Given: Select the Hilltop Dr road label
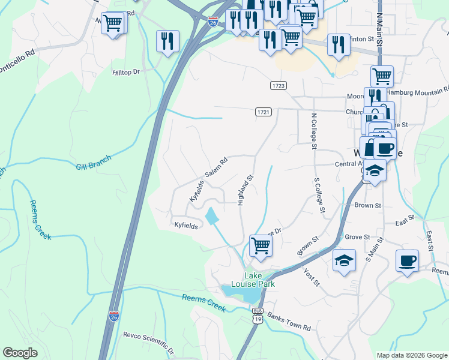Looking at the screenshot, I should tap(126, 71).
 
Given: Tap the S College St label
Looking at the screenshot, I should tap(319, 195).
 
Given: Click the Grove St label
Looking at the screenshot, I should tap(357, 237).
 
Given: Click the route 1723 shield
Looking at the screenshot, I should tap(278, 86).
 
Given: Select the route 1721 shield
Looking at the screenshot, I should tap(264, 112).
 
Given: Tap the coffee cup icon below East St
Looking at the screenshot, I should tap(408, 260).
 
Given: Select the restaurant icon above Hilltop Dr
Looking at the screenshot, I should tap(167, 40).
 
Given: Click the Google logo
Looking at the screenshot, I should tap(20, 353).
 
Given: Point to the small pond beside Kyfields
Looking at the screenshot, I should tap(212, 216).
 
